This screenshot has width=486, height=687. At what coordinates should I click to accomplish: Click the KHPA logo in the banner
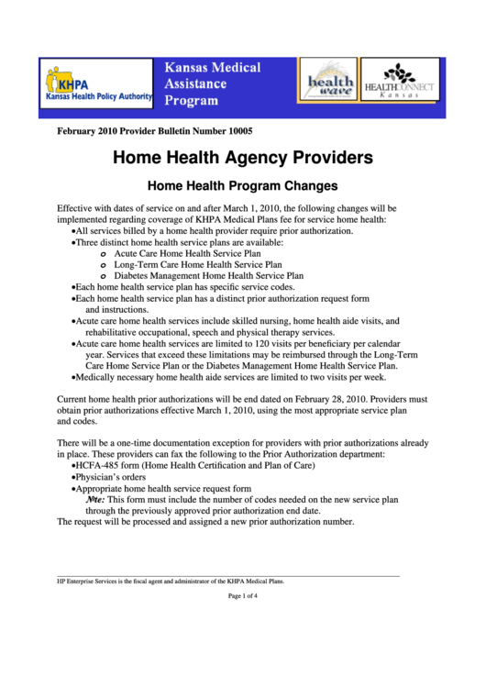point(95,85)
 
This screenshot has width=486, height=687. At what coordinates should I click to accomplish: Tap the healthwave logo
point(328,83)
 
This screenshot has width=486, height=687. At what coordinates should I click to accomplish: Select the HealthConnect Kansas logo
point(398,83)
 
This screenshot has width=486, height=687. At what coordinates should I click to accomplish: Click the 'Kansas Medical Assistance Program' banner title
point(212,83)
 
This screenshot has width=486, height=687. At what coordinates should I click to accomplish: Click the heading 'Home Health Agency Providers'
point(242,158)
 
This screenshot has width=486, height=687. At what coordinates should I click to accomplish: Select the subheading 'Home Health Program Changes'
point(242,185)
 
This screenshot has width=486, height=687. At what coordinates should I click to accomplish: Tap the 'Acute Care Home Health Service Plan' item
point(188,252)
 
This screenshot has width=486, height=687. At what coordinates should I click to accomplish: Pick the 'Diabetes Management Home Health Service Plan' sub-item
point(209,274)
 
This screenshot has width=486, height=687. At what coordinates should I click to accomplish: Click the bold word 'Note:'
point(95,501)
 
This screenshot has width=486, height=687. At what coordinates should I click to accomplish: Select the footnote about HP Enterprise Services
point(171,581)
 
